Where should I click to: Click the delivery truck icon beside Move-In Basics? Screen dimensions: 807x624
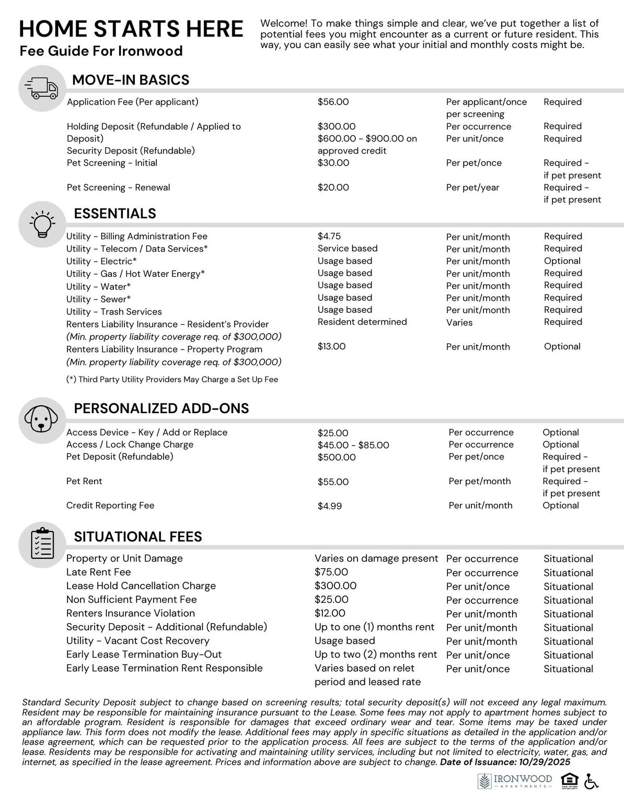(x=42, y=88)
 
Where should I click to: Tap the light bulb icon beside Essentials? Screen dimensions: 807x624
(x=42, y=224)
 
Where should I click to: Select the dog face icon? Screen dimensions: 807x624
(x=42, y=420)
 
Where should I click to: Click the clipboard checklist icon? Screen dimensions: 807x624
(x=42, y=544)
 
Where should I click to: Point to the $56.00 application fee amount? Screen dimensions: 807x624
(x=333, y=102)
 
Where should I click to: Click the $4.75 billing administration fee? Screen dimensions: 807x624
(x=329, y=236)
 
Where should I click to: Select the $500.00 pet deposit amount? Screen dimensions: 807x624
(x=337, y=458)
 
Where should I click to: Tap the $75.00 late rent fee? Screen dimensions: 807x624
(x=331, y=572)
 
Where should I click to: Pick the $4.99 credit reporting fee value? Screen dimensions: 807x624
(x=330, y=506)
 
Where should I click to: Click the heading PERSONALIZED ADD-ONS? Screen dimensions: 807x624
(x=161, y=408)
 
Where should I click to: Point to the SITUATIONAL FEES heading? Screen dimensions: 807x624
(x=138, y=537)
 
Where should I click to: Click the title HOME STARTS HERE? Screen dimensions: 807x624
(x=131, y=29)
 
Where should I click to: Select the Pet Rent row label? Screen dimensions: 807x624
(x=84, y=481)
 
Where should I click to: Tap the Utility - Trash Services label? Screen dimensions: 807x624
(x=114, y=312)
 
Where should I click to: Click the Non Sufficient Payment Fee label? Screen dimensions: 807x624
(x=131, y=600)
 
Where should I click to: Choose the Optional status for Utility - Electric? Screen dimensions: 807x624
(x=562, y=261)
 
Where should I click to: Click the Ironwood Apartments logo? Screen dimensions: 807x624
(x=515, y=781)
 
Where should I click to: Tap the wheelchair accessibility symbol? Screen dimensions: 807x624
(x=591, y=781)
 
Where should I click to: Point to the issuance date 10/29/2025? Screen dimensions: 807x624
(x=545, y=762)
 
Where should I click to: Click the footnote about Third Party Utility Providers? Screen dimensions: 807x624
(x=172, y=380)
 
